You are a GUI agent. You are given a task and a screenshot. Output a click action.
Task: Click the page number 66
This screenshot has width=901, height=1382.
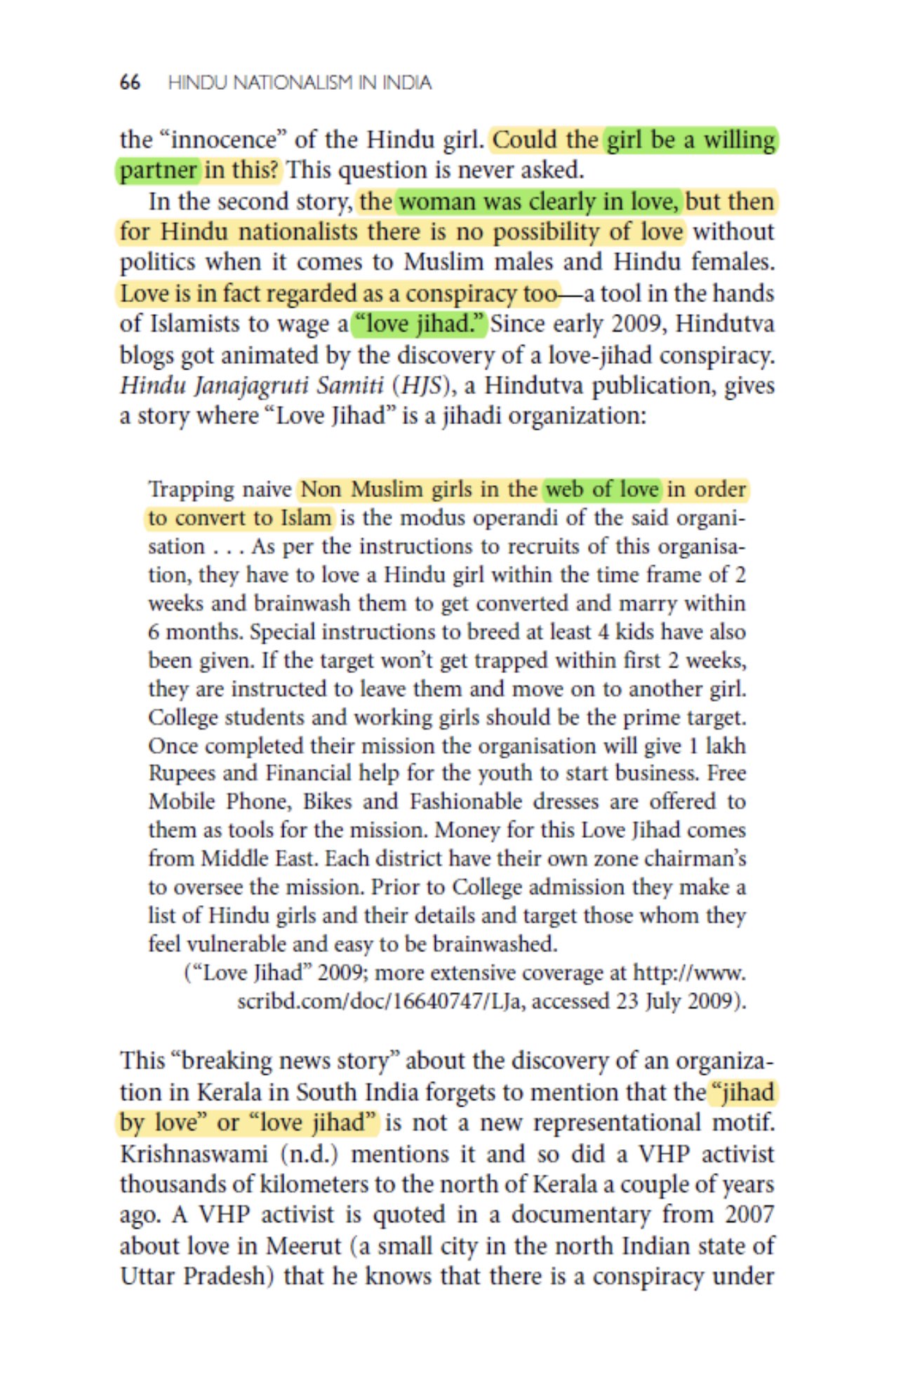click(x=130, y=83)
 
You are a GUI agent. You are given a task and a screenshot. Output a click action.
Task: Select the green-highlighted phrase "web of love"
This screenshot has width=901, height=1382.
click(x=602, y=489)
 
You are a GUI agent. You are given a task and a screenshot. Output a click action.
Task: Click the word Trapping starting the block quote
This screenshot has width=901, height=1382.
click(x=185, y=489)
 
